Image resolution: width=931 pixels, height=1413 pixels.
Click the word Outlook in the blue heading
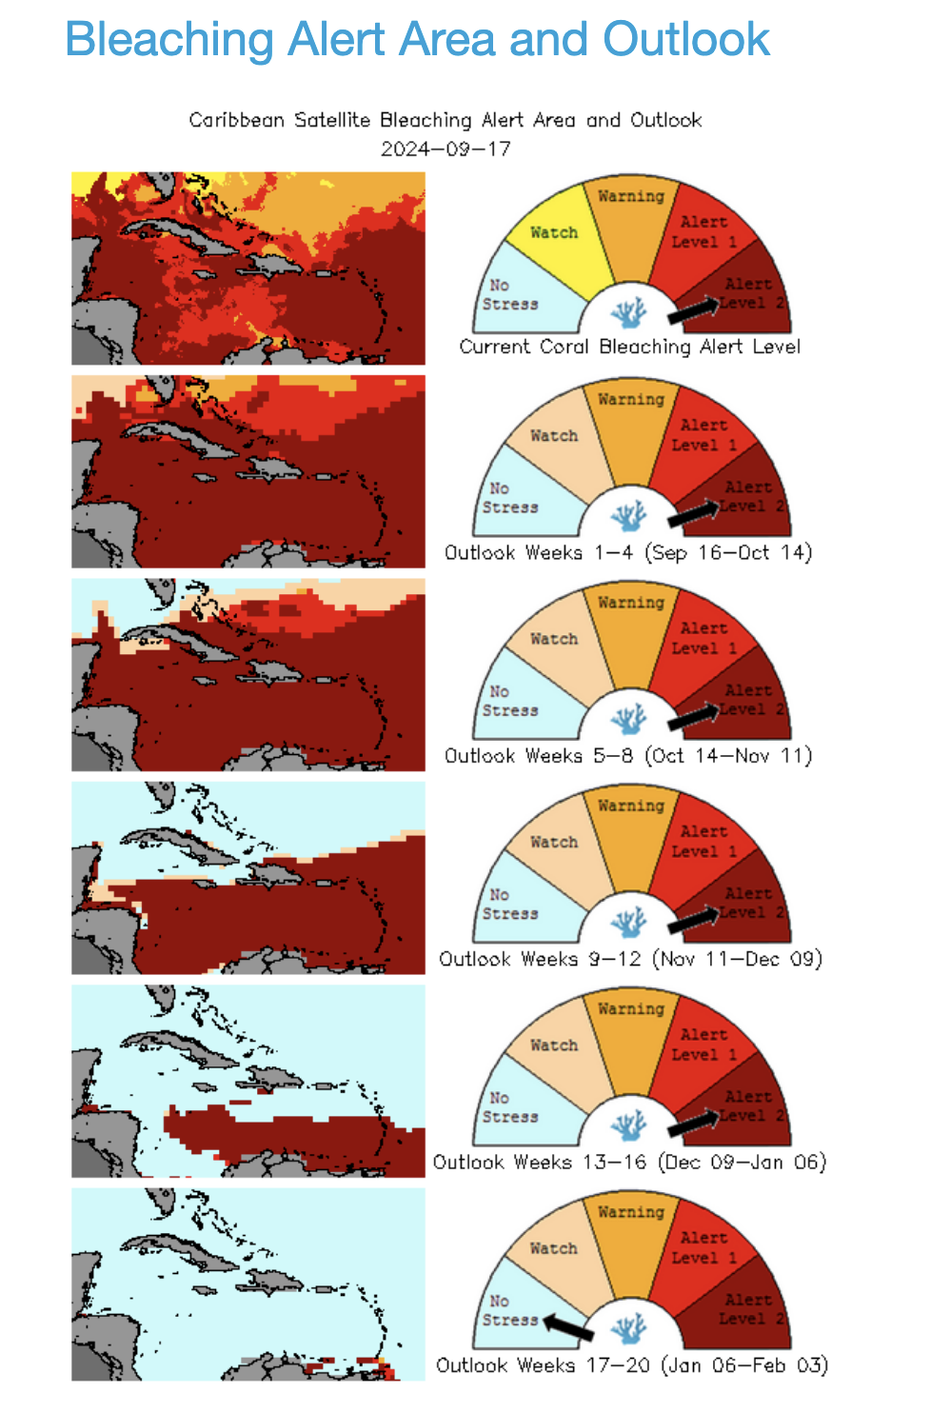click(685, 40)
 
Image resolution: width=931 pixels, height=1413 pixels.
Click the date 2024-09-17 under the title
click(446, 149)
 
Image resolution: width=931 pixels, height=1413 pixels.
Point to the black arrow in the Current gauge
click(692, 310)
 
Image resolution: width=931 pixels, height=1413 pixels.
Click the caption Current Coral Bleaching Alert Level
click(629, 347)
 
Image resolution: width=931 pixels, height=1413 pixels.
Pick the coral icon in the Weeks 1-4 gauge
click(628, 517)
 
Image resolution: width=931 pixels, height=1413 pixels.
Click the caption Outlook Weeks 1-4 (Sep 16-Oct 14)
click(628, 552)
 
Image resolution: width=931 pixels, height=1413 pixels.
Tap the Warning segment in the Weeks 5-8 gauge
click(630, 628)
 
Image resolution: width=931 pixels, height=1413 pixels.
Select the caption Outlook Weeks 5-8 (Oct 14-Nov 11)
click(628, 756)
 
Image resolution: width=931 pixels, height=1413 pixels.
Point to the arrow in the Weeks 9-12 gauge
click(692, 920)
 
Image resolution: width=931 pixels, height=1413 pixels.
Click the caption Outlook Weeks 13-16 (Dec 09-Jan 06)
click(629, 1162)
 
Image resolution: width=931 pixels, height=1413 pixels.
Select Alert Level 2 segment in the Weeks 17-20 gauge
click(747, 1309)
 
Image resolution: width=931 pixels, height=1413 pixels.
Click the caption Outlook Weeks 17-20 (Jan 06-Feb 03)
click(631, 1365)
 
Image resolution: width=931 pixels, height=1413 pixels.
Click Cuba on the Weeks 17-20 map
click(181, 1247)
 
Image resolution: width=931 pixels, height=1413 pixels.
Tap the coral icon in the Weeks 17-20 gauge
click(628, 1328)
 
